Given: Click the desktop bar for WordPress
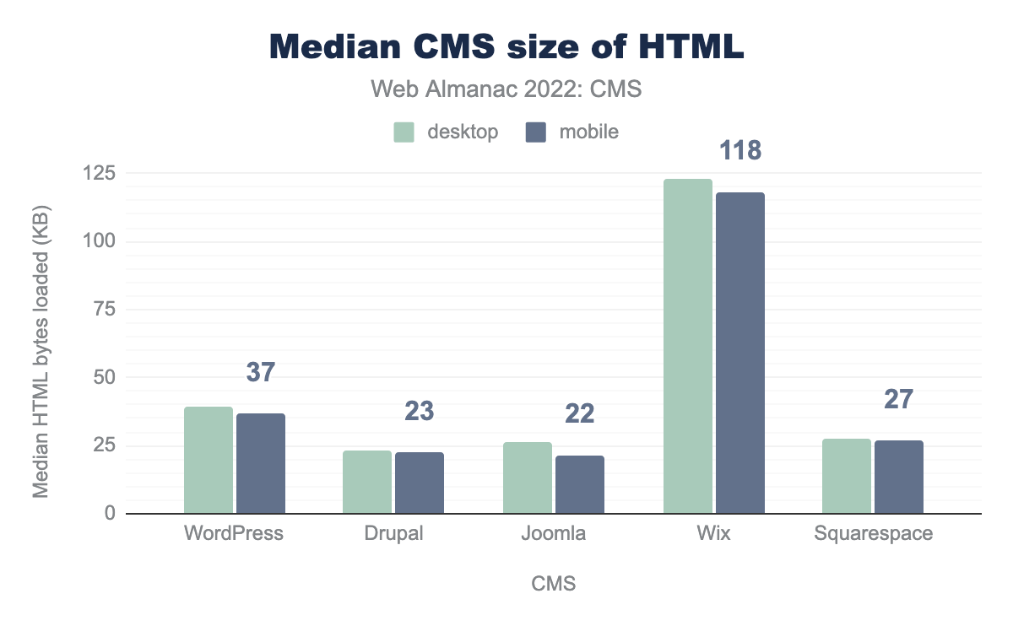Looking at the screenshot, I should tap(208, 460).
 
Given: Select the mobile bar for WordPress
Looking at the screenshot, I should tap(261, 463).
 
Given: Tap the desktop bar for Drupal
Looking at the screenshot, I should tap(367, 482).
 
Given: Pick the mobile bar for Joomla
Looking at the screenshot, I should tap(580, 484).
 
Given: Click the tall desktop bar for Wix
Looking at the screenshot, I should tap(687, 346).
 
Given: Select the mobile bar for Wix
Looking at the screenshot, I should tap(740, 353).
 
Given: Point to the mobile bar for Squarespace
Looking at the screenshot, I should tap(899, 477).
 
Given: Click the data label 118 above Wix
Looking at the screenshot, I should tap(740, 151).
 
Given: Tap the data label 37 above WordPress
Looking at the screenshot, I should tap(261, 372).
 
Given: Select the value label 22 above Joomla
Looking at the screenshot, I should tap(580, 413).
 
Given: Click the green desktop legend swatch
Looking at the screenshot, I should tap(404, 132).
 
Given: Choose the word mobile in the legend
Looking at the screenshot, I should tap(589, 132).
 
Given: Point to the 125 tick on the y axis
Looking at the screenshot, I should tap(105, 174).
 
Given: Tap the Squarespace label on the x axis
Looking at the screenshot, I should tap(873, 534).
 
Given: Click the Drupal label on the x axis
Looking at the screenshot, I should tap(393, 534).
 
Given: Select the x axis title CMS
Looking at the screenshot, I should tap(554, 584).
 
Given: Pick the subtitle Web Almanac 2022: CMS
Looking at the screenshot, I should tap(506, 89).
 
